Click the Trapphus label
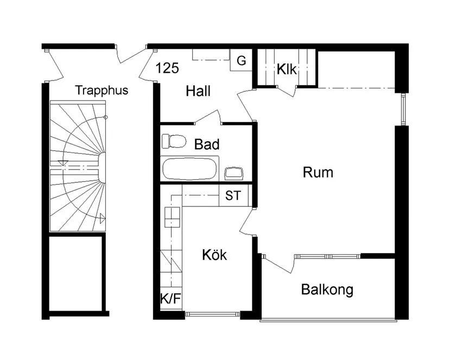point(102,90)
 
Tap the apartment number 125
point(167,68)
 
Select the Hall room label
point(198,91)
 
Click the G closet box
point(241,61)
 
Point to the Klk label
point(286,70)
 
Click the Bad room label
point(207,144)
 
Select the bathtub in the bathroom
point(190,169)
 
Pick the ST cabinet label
point(233,196)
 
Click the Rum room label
point(318,173)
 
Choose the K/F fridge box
point(170,298)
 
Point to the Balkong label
point(327,289)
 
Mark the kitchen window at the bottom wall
point(212,313)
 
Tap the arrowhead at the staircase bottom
point(102,218)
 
